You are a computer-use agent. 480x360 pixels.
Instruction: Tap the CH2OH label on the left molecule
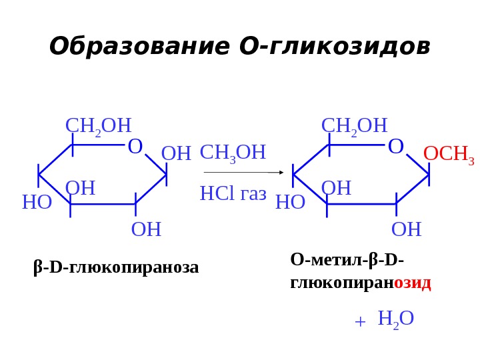point(98,126)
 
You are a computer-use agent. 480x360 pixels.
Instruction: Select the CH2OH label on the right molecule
point(354,126)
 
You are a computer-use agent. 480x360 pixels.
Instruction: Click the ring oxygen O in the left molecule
point(135,147)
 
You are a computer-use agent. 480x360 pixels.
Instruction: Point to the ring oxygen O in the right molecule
point(395,147)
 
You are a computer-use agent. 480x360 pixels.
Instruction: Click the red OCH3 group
point(449,154)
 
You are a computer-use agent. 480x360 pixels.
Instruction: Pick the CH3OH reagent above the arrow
point(233,153)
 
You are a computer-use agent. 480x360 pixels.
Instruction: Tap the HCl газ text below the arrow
point(233,194)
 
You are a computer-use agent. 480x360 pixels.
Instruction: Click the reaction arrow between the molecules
point(243,172)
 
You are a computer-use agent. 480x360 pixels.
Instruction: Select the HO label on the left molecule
point(37,202)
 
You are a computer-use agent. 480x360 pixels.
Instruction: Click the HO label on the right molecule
point(290,202)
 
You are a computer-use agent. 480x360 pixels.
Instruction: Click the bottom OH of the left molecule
point(146,229)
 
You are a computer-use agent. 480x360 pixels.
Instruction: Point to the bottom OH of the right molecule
point(406,229)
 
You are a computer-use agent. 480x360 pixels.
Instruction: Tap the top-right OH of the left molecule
point(176,154)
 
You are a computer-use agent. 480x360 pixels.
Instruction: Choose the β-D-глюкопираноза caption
point(116,267)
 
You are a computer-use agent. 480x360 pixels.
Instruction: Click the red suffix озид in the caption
point(413,283)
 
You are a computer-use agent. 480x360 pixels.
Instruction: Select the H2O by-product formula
point(395,319)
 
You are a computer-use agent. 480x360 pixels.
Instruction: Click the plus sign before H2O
point(360,321)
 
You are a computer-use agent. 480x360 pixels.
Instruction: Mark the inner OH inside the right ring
point(336,189)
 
